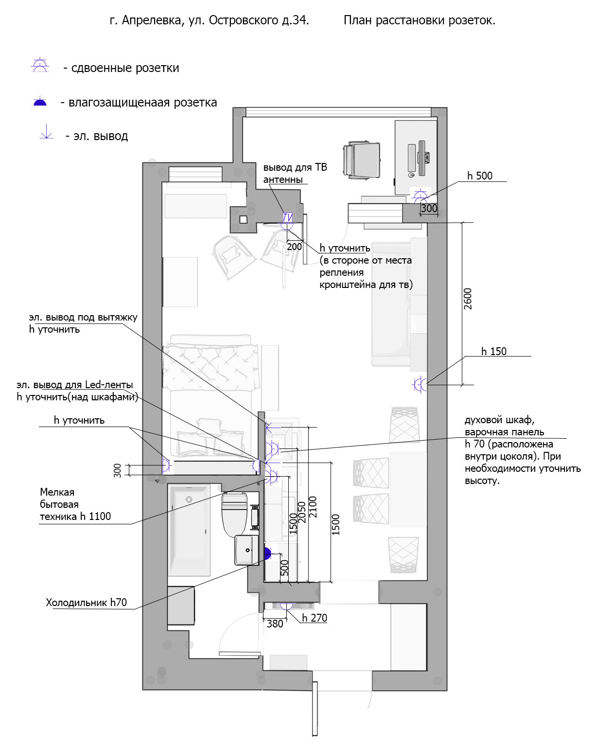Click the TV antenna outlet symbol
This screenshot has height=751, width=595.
(287, 218)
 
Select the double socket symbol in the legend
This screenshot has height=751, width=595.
(40, 65)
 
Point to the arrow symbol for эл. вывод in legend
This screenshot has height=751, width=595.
(46, 131)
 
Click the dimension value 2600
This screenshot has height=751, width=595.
(468, 299)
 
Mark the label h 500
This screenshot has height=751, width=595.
(480, 176)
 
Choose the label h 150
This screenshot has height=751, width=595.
(493, 351)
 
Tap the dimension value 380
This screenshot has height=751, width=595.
(275, 624)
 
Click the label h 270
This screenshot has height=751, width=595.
(314, 618)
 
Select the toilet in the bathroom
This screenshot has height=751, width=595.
(234, 515)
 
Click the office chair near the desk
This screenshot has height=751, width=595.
(361, 160)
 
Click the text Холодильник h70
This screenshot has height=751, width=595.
(86, 602)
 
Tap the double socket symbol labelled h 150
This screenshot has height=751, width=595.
(420, 385)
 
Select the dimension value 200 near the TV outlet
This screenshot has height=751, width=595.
(294, 247)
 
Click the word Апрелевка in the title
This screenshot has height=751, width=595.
(152, 20)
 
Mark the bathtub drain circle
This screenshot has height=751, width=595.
(189, 500)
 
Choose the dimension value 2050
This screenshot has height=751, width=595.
(302, 512)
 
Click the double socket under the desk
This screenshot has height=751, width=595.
(420, 196)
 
